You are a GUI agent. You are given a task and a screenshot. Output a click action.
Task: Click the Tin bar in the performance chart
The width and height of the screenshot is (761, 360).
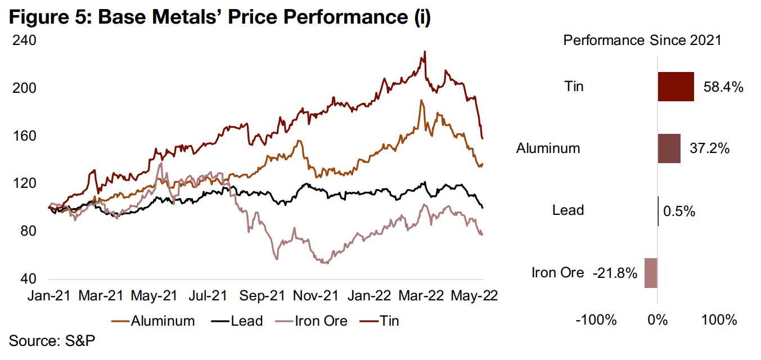point(676,87)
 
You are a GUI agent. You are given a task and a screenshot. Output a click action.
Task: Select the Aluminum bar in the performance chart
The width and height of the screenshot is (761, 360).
point(669,148)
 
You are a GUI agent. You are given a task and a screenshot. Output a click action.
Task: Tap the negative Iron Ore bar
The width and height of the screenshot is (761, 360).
point(651,273)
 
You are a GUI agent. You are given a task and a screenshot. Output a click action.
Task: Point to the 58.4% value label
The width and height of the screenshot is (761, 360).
point(724,87)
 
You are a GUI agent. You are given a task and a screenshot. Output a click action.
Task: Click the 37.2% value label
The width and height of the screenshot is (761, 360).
point(709,148)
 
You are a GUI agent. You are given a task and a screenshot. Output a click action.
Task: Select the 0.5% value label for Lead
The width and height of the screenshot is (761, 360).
point(679,211)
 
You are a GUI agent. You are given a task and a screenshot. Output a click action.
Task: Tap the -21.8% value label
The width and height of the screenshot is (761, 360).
point(615,273)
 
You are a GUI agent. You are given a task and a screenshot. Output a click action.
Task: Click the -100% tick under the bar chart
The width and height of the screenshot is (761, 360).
point(597,321)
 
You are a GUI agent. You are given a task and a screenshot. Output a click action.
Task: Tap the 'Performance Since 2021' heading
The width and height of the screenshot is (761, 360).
point(642,40)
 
